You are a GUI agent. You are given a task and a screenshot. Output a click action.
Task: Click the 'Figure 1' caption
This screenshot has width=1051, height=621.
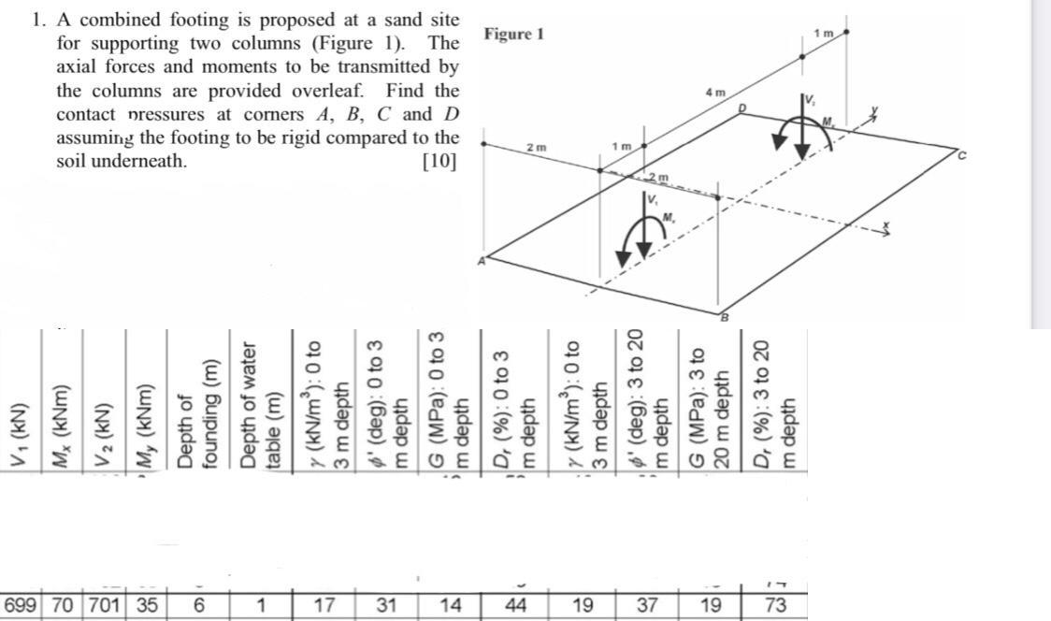(513, 35)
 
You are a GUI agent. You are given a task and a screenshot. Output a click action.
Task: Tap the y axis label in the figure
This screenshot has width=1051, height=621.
(875, 111)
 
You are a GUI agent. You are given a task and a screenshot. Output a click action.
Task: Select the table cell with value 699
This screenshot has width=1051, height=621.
(22, 605)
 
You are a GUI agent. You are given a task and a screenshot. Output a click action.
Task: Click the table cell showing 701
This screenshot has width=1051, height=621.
(103, 605)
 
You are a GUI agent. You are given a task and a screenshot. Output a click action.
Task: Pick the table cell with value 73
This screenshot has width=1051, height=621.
(775, 605)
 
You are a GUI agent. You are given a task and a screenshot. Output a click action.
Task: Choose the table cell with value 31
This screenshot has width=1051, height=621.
(386, 605)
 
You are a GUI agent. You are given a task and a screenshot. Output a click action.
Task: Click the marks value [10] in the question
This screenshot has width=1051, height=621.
(439, 161)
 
